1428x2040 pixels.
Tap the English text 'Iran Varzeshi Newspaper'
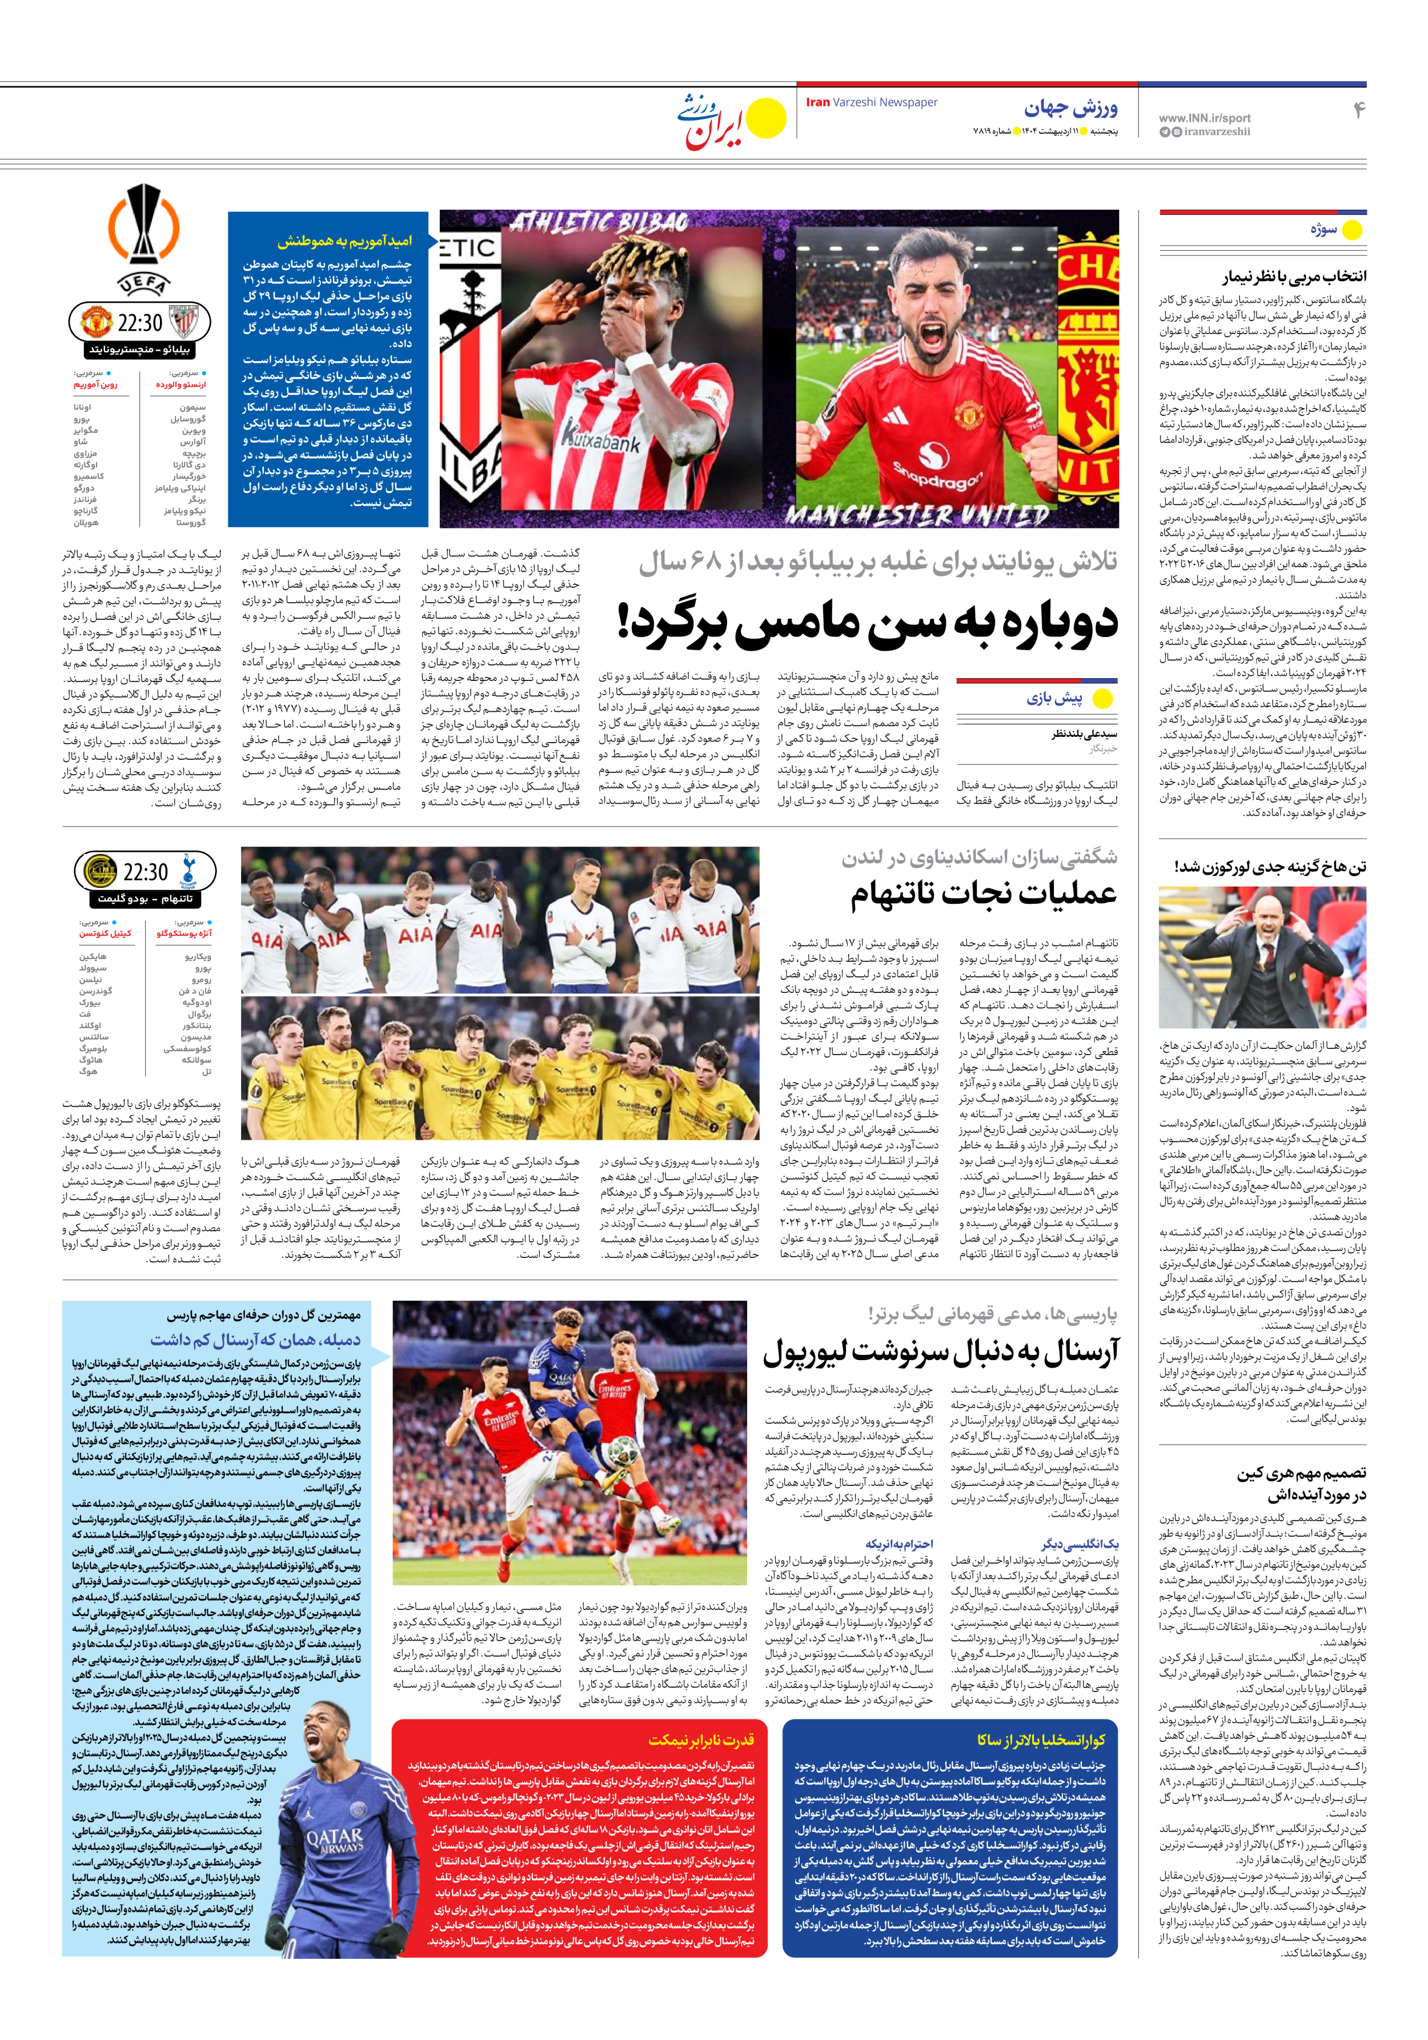(x=871, y=102)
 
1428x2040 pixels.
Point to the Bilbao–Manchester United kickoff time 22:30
(x=139, y=323)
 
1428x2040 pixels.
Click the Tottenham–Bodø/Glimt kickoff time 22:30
(x=145, y=872)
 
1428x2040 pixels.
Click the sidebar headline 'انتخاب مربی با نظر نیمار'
(x=1293, y=276)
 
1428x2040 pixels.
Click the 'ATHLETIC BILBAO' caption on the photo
(x=599, y=223)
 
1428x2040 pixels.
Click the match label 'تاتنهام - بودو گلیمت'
(x=145, y=898)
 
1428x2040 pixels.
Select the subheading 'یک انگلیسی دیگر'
(x=1079, y=1544)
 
